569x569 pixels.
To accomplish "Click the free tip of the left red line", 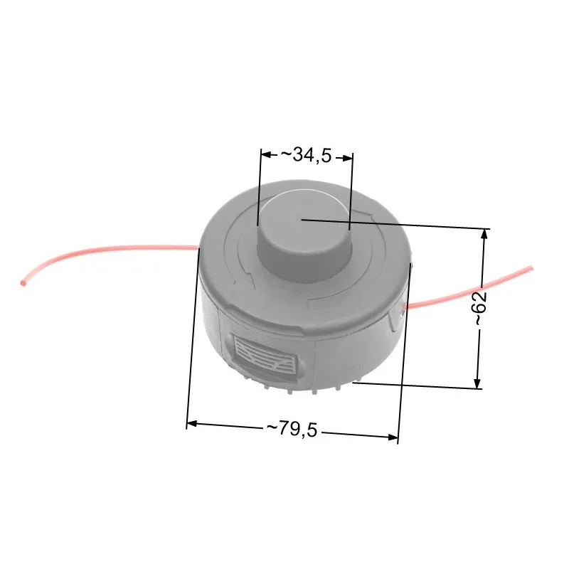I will (x=23, y=283).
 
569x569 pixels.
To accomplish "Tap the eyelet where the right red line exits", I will (x=404, y=307).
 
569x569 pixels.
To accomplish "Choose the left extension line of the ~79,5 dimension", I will (x=193, y=334).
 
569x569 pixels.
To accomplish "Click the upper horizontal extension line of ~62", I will (x=398, y=224).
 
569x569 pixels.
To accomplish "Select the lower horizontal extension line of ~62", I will (x=420, y=385).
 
